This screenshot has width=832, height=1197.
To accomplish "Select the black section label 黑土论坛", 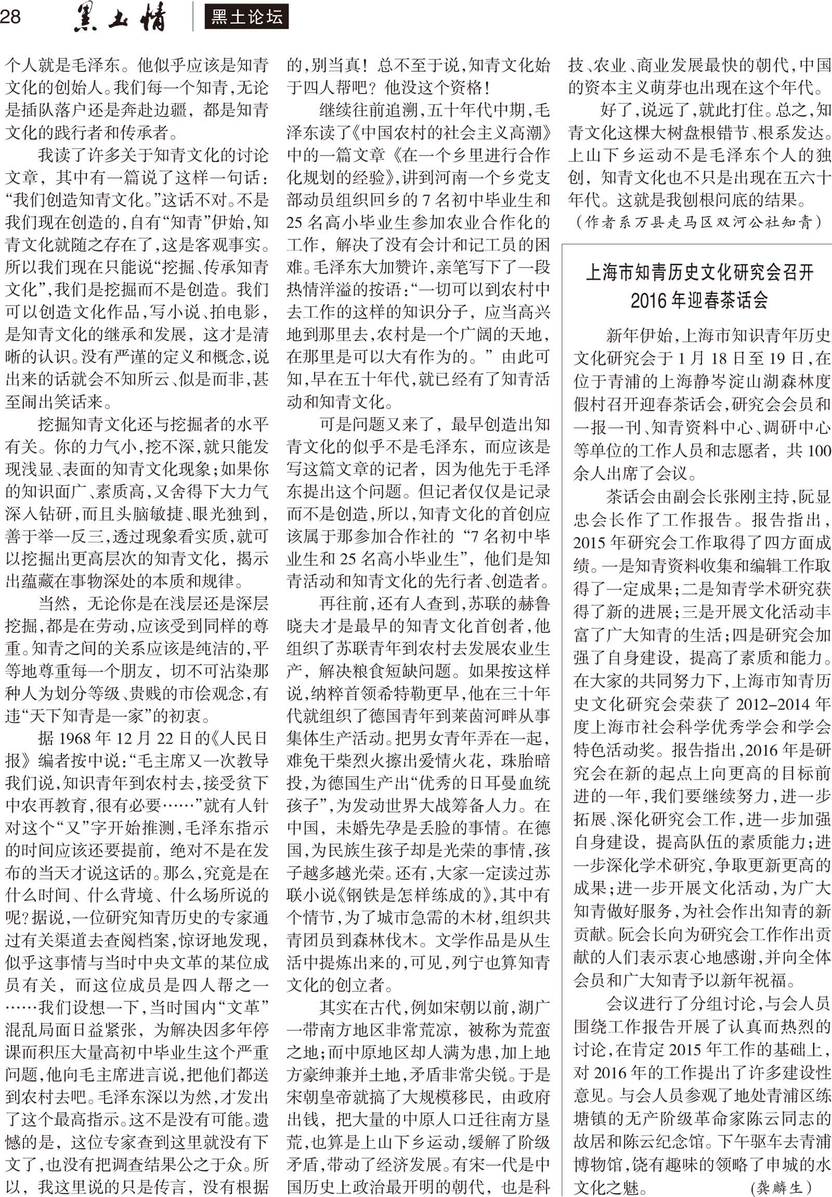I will tap(246, 18).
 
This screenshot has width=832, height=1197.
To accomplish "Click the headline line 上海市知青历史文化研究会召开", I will tap(700, 272).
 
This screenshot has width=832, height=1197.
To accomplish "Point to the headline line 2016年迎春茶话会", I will tap(699, 301).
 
